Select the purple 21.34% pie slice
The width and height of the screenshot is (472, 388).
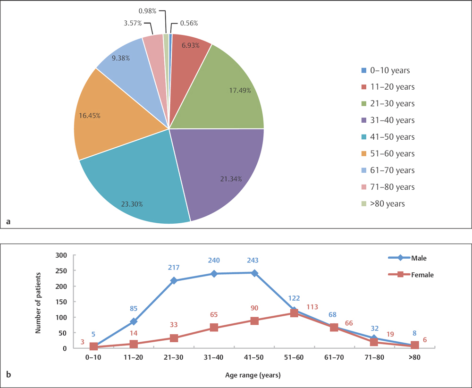pyautogui.click(x=217, y=170)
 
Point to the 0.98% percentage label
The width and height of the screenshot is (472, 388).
pyautogui.click(x=148, y=10)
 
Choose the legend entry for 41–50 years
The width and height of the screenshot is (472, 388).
pyautogui.click(x=388, y=137)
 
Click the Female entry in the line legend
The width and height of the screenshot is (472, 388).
pyautogui.click(x=423, y=274)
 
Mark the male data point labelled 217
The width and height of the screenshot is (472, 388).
pyautogui.click(x=174, y=281)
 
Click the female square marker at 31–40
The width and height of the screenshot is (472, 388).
pyautogui.click(x=214, y=328)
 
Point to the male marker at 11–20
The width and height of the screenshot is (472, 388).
pyautogui.click(x=134, y=322)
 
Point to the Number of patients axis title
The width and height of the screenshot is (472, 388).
pyautogui.click(x=39, y=302)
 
